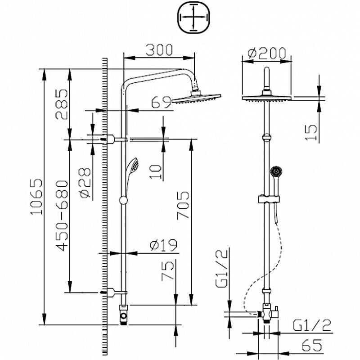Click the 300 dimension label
pyautogui.click(x=159, y=50)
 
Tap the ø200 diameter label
pyautogui.click(x=267, y=53)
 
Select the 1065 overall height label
pyautogui.click(x=36, y=197)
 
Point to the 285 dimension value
pyautogui.click(x=62, y=104)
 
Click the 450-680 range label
pyautogui.click(x=62, y=216)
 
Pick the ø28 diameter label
pyautogui.click(x=85, y=183)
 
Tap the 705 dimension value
pyautogui.click(x=183, y=205)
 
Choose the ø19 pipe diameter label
pyautogui.click(x=164, y=245)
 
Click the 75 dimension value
pyautogui.click(x=167, y=271)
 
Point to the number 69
pyautogui.click(x=161, y=102)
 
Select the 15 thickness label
pyautogui.click(x=311, y=132)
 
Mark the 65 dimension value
pyautogui.click(x=312, y=345)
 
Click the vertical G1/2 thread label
pyautogui.click(x=222, y=268)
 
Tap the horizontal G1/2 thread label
pyautogui.click(x=312, y=325)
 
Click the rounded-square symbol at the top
pyautogui.click(x=194, y=18)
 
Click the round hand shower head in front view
pyautogui.click(x=276, y=171)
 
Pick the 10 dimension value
pyautogui.click(x=155, y=172)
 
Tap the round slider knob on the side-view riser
pyautogui.click(x=123, y=200)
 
